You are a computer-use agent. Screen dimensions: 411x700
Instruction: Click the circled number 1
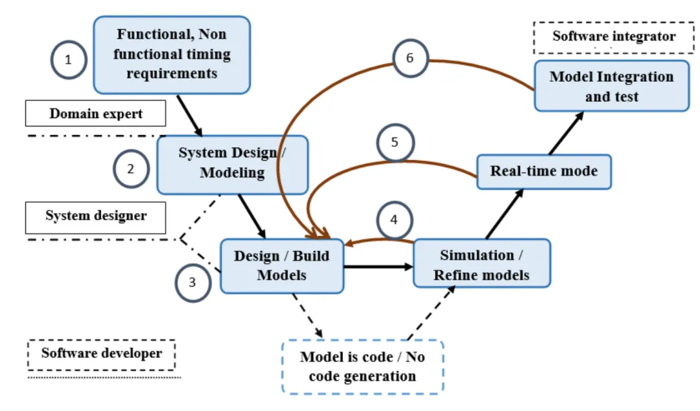tap(69, 61)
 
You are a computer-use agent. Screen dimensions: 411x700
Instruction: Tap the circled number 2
tap(131, 169)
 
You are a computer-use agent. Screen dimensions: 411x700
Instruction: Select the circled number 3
tap(193, 283)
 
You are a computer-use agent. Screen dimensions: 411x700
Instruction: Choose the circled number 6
tap(410, 58)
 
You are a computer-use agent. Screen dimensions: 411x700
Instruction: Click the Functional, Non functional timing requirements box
tap(172, 54)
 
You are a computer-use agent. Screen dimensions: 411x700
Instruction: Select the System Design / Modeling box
tap(232, 164)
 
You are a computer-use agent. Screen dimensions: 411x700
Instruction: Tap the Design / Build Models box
tap(281, 265)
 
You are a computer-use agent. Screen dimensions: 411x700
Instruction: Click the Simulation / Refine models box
tap(482, 265)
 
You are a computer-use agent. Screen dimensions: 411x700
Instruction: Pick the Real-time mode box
tap(544, 172)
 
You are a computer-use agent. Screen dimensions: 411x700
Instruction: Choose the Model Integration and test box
tap(611, 86)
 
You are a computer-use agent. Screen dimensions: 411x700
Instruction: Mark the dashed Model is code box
tap(362, 367)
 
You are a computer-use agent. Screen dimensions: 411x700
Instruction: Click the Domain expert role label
tap(96, 113)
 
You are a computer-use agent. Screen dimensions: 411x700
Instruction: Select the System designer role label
tap(96, 216)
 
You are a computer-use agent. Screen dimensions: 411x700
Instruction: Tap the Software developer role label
tap(102, 354)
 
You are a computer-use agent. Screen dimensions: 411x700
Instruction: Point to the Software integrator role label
tap(614, 37)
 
